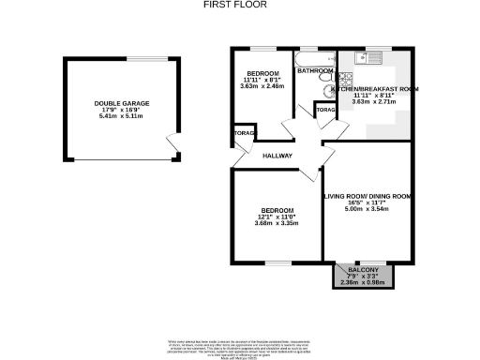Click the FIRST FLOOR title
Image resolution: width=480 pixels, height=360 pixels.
(235, 5)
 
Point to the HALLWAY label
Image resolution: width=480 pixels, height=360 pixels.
(277, 156)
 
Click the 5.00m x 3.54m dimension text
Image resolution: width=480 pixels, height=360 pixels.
(367, 209)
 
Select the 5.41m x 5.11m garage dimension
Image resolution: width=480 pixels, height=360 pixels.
(116, 118)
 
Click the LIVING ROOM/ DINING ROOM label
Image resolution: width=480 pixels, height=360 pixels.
(367, 196)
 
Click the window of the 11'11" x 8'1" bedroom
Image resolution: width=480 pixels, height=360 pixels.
(262, 48)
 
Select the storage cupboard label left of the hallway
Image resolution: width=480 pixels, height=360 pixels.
(241, 135)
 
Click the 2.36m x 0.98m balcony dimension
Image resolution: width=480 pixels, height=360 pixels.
(365, 281)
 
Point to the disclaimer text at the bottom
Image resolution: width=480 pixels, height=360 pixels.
(240, 345)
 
